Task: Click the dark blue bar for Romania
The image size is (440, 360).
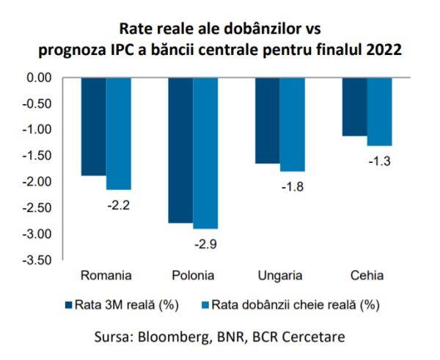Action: (x=93, y=126)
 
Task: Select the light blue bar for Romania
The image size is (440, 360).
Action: (x=118, y=133)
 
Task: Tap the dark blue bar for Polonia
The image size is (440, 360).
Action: (x=180, y=150)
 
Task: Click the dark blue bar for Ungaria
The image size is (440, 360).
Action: (x=267, y=120)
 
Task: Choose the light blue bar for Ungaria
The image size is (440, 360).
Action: (x=292, y=124)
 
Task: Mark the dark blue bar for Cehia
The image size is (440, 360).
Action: (x=355, y=106)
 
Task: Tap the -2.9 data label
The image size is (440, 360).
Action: (x=205, y=243)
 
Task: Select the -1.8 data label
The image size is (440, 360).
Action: (x=292, y=186)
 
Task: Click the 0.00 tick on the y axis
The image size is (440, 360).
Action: (x=38, y=78)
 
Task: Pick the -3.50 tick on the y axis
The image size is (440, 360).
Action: (x=37, y=260)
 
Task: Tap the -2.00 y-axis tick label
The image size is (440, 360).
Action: (x=37, y=182)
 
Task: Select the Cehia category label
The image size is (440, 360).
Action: (x=367, y=276)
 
